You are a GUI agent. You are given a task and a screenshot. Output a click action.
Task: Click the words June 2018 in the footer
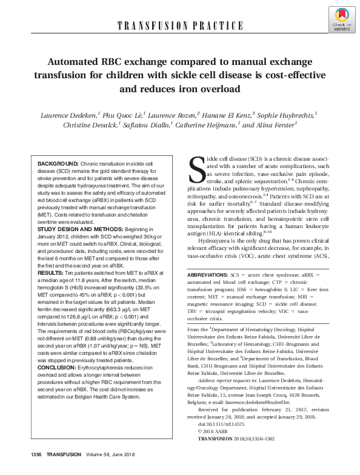click(134, 463)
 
